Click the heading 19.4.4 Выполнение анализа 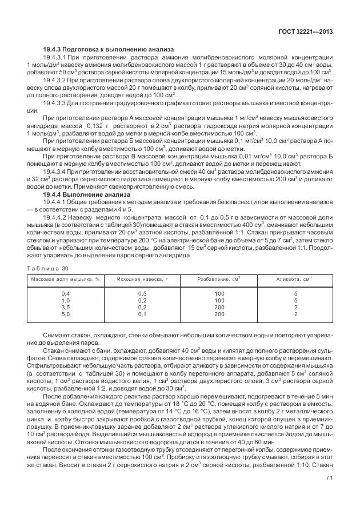[x=87, y=195]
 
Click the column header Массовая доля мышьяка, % [x=65, y=279]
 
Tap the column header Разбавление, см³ [x=219, y=279]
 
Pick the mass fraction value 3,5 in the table [x=65, y=307]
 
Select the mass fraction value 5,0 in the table [x=65, y=314]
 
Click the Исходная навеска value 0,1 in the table [x=142, y=314]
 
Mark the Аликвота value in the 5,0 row [x=295, y=314]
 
